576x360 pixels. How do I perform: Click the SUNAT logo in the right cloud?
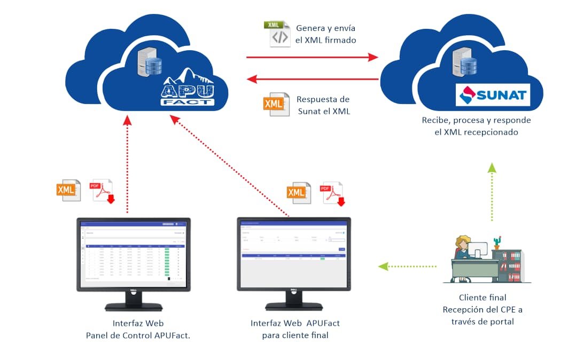pyautogui.click(x=493, y=96)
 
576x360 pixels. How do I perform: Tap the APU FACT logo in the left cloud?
pyautogui.click(x=188, y=89)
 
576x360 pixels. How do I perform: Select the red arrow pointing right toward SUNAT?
pyautogui.click(x=312, y=57)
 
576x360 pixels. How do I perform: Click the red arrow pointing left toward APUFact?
pyautogui.click(x=312, y=80)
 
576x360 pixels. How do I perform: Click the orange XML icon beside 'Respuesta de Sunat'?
pyautogui.click(x=275, y=105)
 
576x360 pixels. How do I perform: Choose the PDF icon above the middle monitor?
pyautogui.click(x=333, y=194)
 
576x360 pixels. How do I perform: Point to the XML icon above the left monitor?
pyautogui.click(x=68, y=190)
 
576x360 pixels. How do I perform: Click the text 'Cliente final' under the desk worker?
pyautogui.click(x=482, y=298)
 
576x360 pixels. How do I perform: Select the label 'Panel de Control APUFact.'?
pyautogui.click(x=138, y=335)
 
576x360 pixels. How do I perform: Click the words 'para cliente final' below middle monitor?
pyautogui.click(x=295, y=335)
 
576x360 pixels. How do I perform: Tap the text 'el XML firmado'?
pyautogui.click(x=325, y=40)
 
